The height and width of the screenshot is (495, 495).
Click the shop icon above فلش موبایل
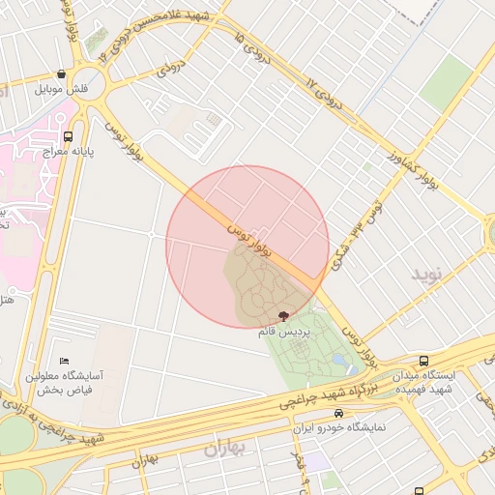[x=62, y=73]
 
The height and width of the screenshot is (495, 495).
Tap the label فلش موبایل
[x=62, y=89]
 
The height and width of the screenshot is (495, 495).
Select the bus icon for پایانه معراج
[x=68, y=136]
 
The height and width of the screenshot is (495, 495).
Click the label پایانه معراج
[x=67, y=152]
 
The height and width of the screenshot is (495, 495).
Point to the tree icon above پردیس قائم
[x=283, y=316]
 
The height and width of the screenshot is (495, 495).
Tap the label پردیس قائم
[x=282, y=331]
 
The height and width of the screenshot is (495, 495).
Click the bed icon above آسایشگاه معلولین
[x=65, y=361]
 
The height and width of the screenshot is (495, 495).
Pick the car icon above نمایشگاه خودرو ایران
[x=337, y=413]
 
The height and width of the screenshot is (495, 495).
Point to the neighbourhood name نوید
[x=426, y=275]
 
